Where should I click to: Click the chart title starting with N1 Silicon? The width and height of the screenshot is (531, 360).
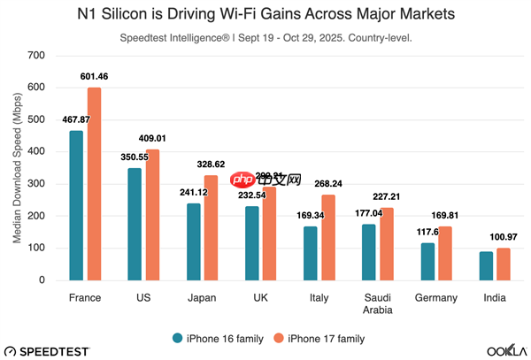pos(265,14)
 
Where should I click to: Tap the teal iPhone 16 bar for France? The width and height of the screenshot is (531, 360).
pos(76,205)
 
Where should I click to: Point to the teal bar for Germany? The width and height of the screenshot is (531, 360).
pos(427,262)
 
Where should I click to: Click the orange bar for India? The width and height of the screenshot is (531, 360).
pos(503,264)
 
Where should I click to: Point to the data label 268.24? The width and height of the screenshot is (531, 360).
pos(333,184)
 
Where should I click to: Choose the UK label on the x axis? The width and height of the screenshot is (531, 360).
pos(260,298)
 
